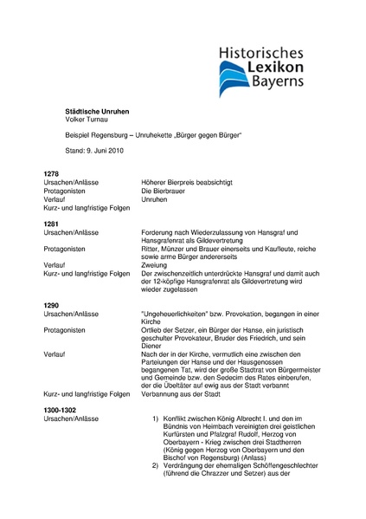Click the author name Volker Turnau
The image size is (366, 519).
[x=89, y=121]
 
